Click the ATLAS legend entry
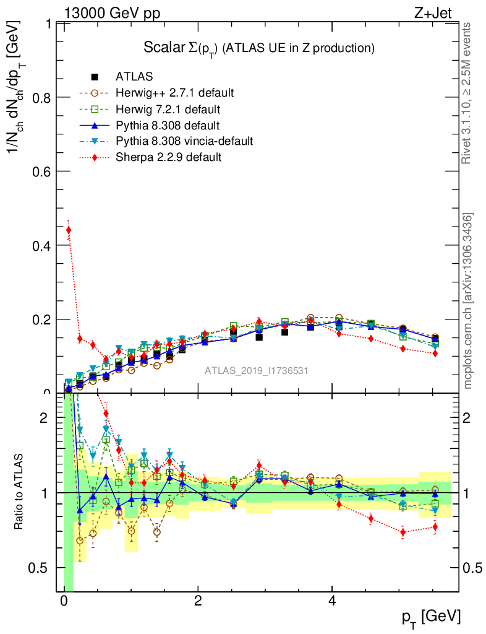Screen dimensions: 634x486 coord(134,77)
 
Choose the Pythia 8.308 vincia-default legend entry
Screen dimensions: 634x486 coord(184,142)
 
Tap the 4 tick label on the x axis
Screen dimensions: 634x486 coord(332,601)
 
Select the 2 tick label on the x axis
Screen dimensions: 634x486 coord(198,601)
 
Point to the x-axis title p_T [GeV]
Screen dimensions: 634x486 coord(431,617)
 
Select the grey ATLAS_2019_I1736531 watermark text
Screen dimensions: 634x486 coord(257,371)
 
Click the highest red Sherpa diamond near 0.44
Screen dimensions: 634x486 coord(69,230)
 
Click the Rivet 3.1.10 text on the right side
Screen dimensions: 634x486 coord(467,93)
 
